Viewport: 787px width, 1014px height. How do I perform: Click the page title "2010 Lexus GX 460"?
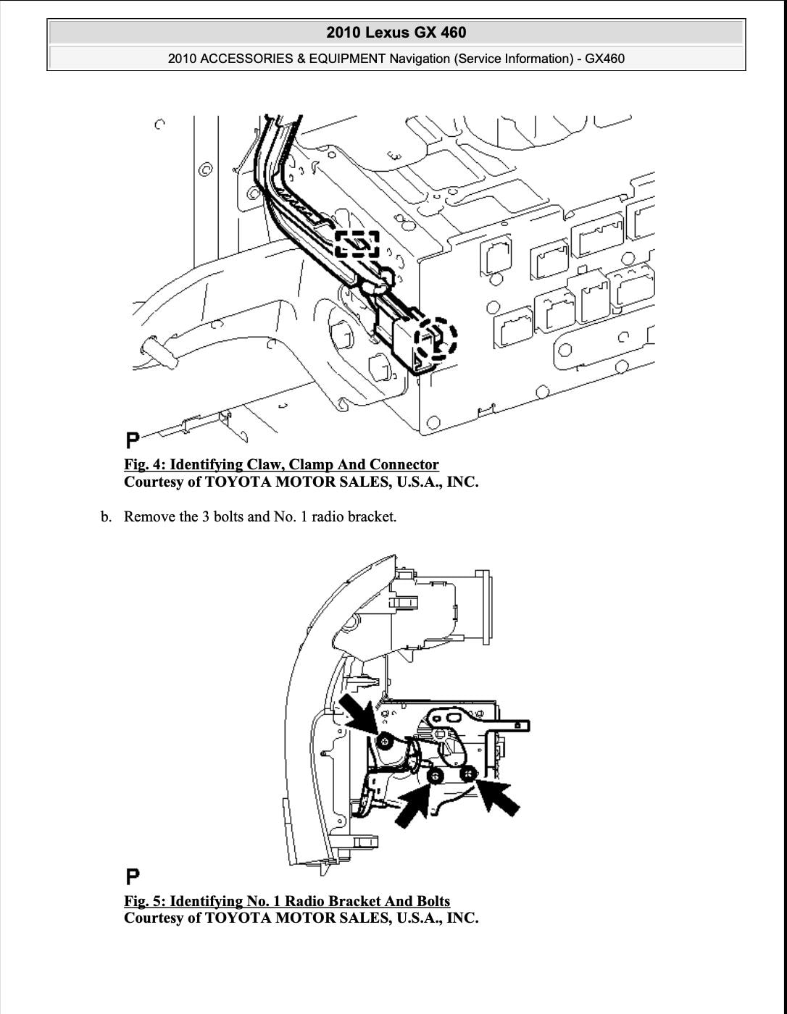click(396, 33)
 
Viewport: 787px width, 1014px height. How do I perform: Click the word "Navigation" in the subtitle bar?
click(420, 59)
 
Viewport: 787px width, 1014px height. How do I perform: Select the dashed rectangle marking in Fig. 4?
click(357, 244)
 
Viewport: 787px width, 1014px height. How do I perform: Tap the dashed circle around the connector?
click(438, 338)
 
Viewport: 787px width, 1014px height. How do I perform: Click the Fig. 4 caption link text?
click(281, 465)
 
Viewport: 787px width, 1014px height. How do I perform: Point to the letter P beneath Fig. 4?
click(133, 440)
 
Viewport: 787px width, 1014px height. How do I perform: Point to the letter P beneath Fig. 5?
click(133, 876)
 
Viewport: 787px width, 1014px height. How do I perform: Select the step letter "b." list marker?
click(107, 517)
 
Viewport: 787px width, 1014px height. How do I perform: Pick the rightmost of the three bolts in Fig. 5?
click(467, 774)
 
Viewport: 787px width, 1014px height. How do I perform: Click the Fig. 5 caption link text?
click(287, 902)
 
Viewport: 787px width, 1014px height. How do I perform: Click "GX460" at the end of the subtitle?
click(604, 59)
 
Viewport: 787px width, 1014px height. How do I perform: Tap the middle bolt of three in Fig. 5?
click(436, 777)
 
